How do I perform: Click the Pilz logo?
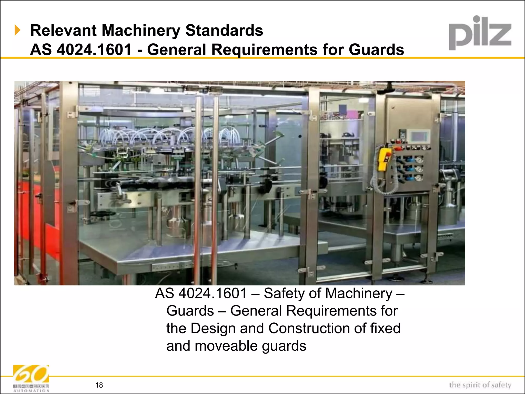click(480, 33)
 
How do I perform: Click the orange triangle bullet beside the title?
click(17, 30)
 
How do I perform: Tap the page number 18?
click(99, 385)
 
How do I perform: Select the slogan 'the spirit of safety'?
click(480, 385)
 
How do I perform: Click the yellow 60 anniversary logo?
click(31, 375)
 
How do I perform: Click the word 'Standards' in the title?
click(224, 31)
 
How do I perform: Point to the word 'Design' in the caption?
click(213, 328)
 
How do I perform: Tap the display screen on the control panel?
click(419, 136)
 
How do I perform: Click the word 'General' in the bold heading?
click(177, 50)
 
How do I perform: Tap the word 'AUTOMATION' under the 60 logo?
click(31, 391)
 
